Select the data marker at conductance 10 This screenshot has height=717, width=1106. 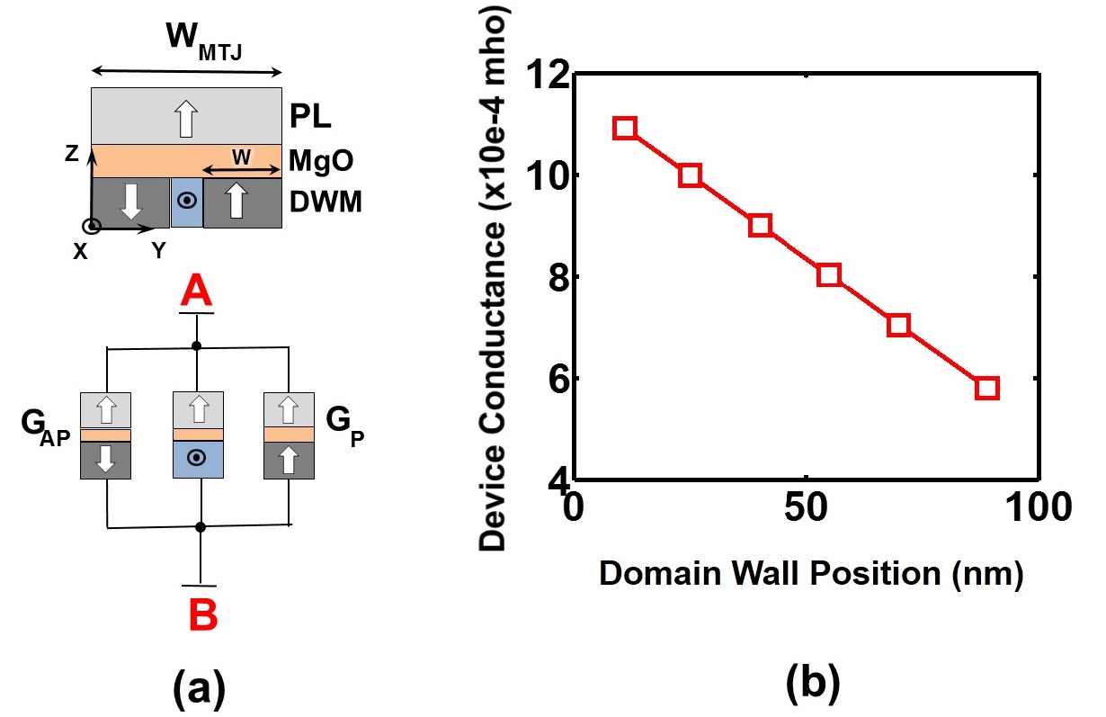(690, 175)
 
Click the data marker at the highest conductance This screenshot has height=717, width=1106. (625, 128)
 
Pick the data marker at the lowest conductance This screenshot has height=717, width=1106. (986, 388)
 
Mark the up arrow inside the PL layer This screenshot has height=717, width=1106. (185, 118)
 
